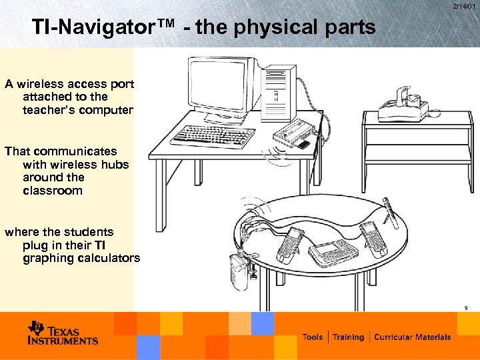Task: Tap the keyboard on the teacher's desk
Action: [213, 136]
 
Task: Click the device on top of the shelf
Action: [403, 105]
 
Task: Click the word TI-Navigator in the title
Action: [103, 27]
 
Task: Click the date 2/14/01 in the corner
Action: [464, 7]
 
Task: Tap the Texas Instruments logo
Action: [63, 333]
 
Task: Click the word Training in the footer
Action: [349, 337]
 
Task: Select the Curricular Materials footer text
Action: [412, 337]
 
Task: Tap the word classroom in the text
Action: [53, 191]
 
